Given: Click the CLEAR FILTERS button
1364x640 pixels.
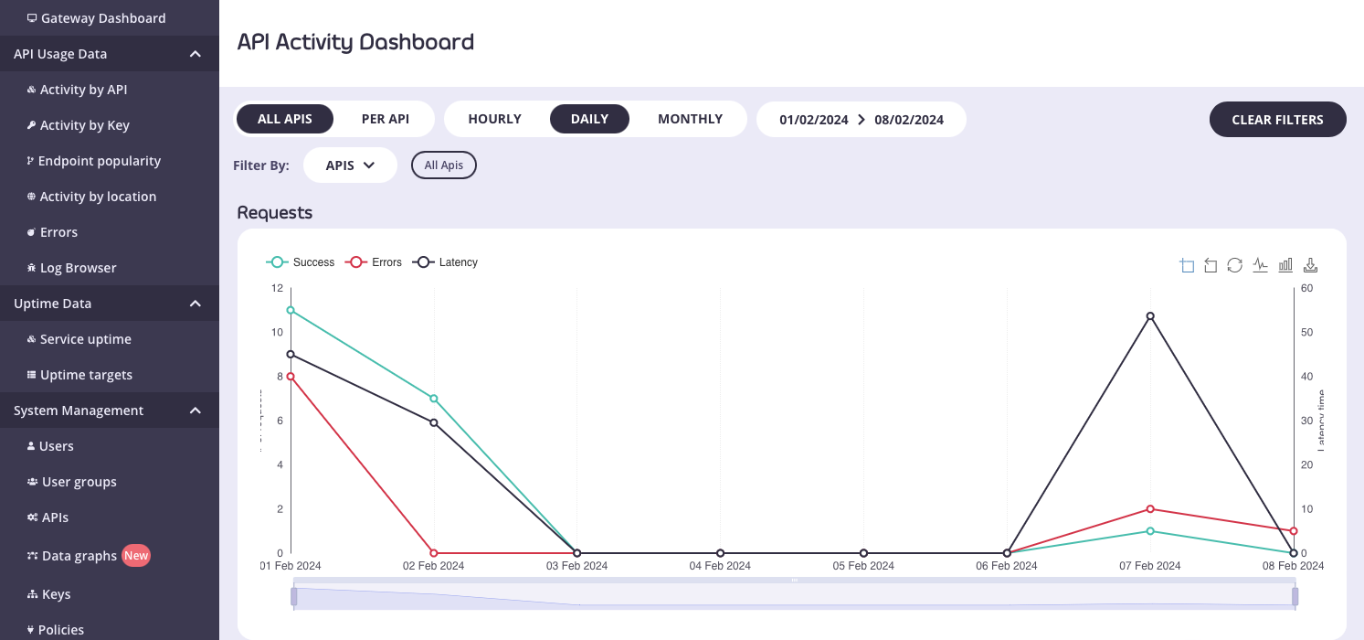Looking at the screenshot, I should point(1277,120).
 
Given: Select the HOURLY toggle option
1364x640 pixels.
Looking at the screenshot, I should point(494,119).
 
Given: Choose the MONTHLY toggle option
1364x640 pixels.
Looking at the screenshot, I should point(690,119).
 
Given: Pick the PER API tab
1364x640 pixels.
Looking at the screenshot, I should point(385,119).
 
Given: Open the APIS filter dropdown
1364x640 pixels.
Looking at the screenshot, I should point(350,165).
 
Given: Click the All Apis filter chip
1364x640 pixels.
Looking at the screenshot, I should point(444,165).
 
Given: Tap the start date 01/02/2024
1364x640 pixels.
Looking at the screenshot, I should point(813,120).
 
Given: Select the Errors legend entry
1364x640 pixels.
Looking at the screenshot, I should point(374,262).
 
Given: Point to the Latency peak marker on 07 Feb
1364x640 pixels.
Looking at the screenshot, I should point(1150,316).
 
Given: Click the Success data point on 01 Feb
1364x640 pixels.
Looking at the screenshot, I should point(291,310).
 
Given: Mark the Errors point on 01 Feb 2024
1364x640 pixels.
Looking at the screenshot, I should point(291,377).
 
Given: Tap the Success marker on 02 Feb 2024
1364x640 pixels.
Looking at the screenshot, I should point(434,399).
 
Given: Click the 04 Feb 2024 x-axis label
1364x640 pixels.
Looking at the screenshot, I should point(720,566).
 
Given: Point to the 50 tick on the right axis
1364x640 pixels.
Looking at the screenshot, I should point(1306,332).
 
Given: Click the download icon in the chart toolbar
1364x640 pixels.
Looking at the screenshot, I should point(1310,265).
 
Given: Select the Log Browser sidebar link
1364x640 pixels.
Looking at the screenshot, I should point(78,268).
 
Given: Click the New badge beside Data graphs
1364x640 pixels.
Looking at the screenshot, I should point(136,555).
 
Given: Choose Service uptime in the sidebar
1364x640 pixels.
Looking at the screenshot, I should point(85,339).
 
